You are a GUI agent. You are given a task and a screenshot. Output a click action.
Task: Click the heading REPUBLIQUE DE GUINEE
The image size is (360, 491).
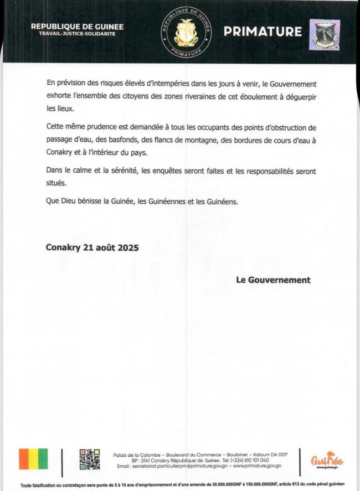(77, 27)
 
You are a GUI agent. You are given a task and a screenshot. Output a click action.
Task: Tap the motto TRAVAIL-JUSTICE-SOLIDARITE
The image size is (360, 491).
(77, 34)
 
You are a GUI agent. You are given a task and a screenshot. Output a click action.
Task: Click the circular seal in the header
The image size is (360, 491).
(186, 32)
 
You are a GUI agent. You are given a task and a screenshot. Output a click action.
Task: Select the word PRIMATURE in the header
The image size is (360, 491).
(263, 32)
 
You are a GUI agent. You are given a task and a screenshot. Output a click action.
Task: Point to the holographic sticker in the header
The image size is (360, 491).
(324, 34)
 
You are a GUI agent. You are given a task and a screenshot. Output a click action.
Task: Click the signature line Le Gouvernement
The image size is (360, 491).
(273, 280)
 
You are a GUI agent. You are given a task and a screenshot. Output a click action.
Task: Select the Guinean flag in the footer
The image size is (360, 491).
(34, 459)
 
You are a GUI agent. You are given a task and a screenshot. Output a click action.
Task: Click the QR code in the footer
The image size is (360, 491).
(89, 459)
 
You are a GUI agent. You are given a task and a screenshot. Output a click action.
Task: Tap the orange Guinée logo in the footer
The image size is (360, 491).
(327, 460)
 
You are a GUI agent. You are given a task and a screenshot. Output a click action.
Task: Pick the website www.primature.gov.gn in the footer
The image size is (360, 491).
(254, 466)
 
